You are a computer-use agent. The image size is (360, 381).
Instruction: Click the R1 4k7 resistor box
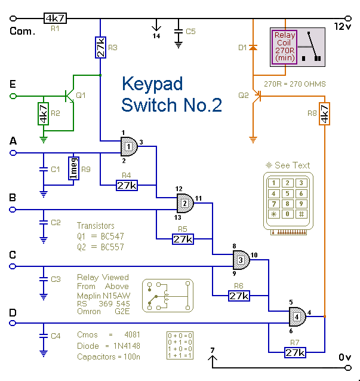(x=54, y=19)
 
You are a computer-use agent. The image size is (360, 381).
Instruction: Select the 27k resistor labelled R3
(x=100, y=47)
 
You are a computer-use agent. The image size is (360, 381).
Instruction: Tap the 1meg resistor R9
(x=73, y=168)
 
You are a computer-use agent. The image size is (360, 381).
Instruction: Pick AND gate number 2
(x=185, y=202)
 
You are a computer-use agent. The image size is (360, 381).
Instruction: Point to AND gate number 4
(x=297, y=315)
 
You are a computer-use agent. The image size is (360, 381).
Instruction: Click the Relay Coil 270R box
(x=285, y=47)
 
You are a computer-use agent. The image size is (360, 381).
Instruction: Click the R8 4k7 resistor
(x=324, y=113)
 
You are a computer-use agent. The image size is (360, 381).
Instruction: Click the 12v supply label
(x=346, y=26)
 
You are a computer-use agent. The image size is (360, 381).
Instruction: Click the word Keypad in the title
(x=152, y=83)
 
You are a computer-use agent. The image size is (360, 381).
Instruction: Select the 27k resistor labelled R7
(x=294, y=353)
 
